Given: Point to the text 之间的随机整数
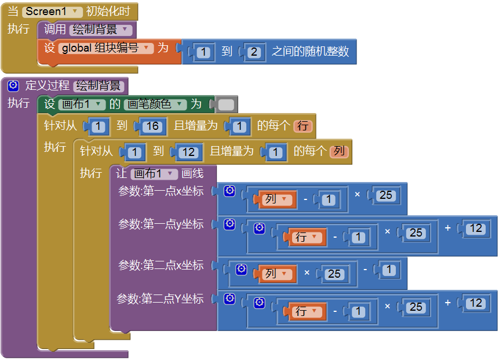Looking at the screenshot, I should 310,52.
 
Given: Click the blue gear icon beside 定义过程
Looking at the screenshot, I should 13,86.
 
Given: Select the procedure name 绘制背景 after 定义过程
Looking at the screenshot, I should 99,86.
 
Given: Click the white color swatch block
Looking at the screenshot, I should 226,105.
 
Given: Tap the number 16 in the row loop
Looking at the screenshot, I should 151,126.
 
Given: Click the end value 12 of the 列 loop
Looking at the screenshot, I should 187,152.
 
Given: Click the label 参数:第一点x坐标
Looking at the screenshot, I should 161,191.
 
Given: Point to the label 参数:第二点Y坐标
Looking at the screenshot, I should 161,299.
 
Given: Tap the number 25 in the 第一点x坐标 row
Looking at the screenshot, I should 386,195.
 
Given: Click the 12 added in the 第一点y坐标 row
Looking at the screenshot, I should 476,228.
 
